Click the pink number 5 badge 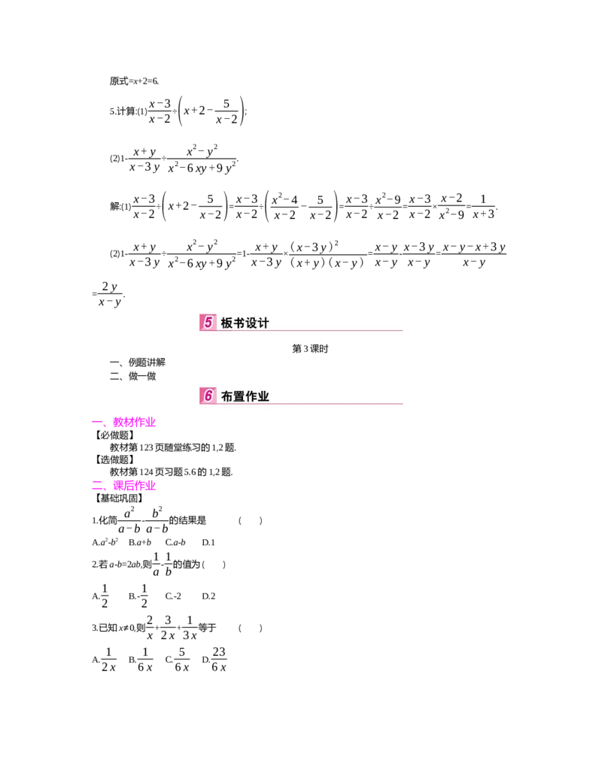[208, 323]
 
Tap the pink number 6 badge [208, 396]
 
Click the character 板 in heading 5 [227, 323]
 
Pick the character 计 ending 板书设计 [263, 323]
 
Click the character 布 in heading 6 [227, 396]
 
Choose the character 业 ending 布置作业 [263, 396]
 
